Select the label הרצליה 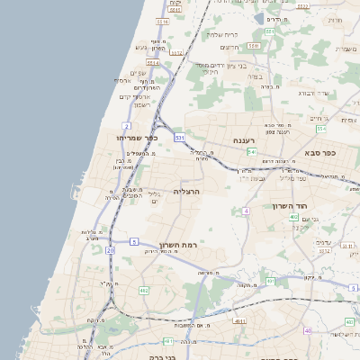coord(185,191)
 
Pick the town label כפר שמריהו coord(137,138)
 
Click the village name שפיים coord(138,72)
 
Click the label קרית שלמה coord(220,34)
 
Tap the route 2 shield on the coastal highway coord(127,126)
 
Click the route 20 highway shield coord(110,250)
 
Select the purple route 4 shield coord(245,211)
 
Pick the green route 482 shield coord(143,291)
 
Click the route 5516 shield coord(163,22)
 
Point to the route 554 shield coord(252,152)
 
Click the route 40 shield coord(309,330)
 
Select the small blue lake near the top coord(273,17)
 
